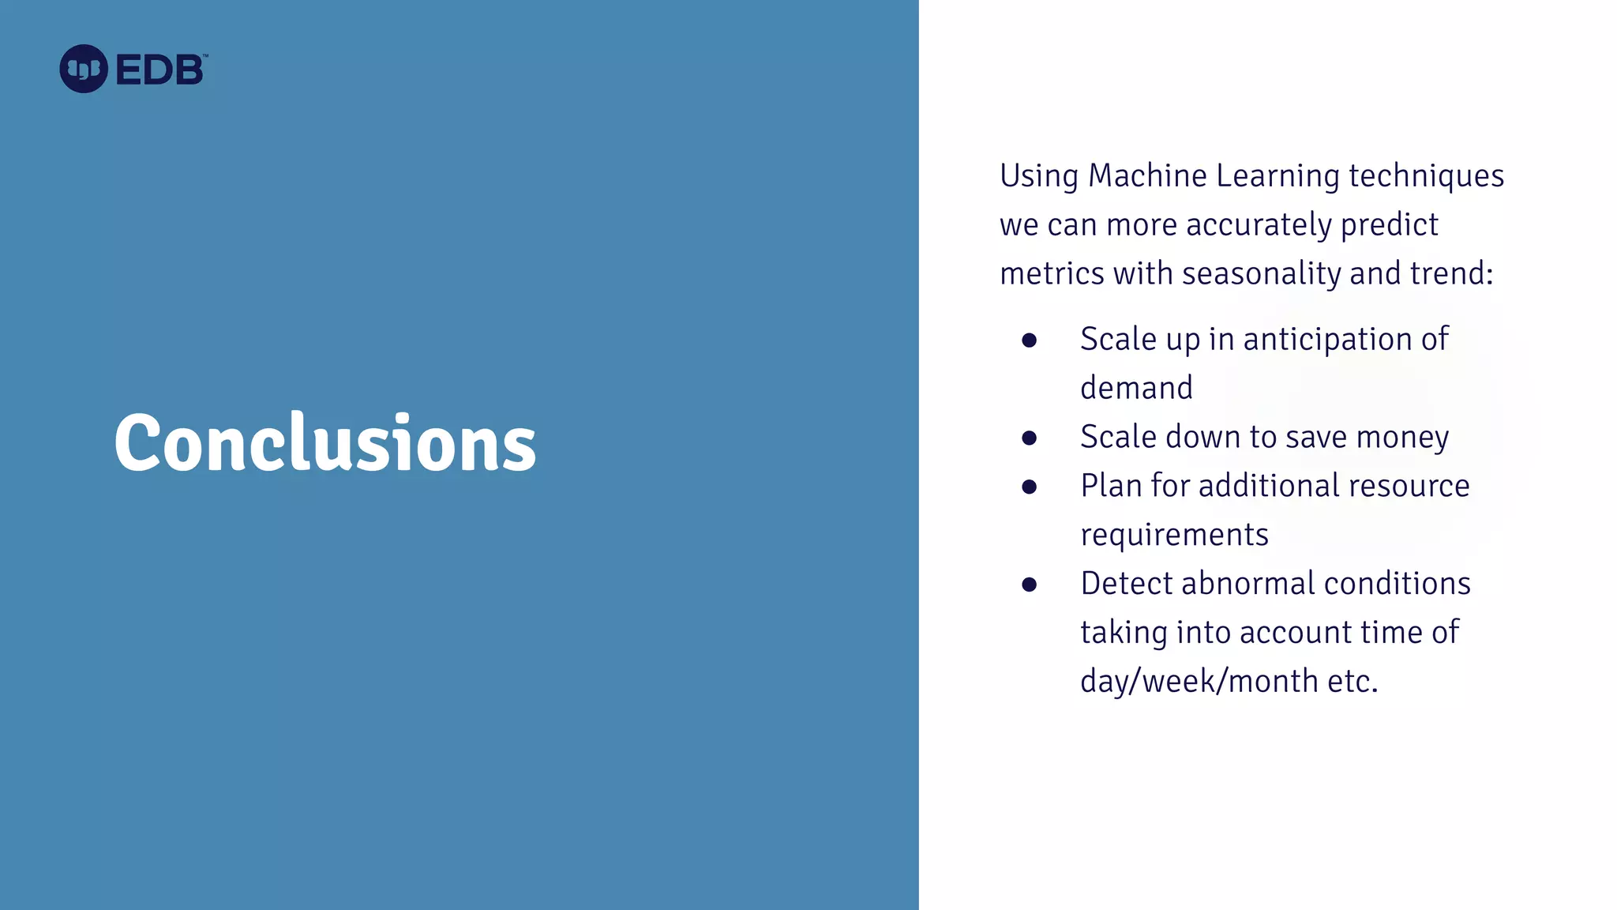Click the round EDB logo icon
click(84, 69)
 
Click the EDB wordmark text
click(160, 70)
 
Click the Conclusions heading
click(325, 443)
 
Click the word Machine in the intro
click(1147, 176)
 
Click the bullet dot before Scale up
click(1029, 340)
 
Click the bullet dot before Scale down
click(1029, 438)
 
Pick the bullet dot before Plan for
click(1029, 487)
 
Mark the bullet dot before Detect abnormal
click(1029, 585)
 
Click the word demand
click(1136, 389)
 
